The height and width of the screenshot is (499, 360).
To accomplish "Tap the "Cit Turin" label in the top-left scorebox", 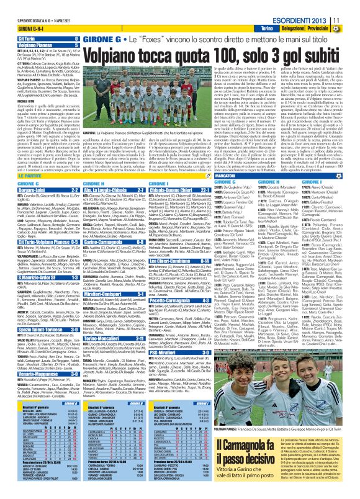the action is tap(16, 38).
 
